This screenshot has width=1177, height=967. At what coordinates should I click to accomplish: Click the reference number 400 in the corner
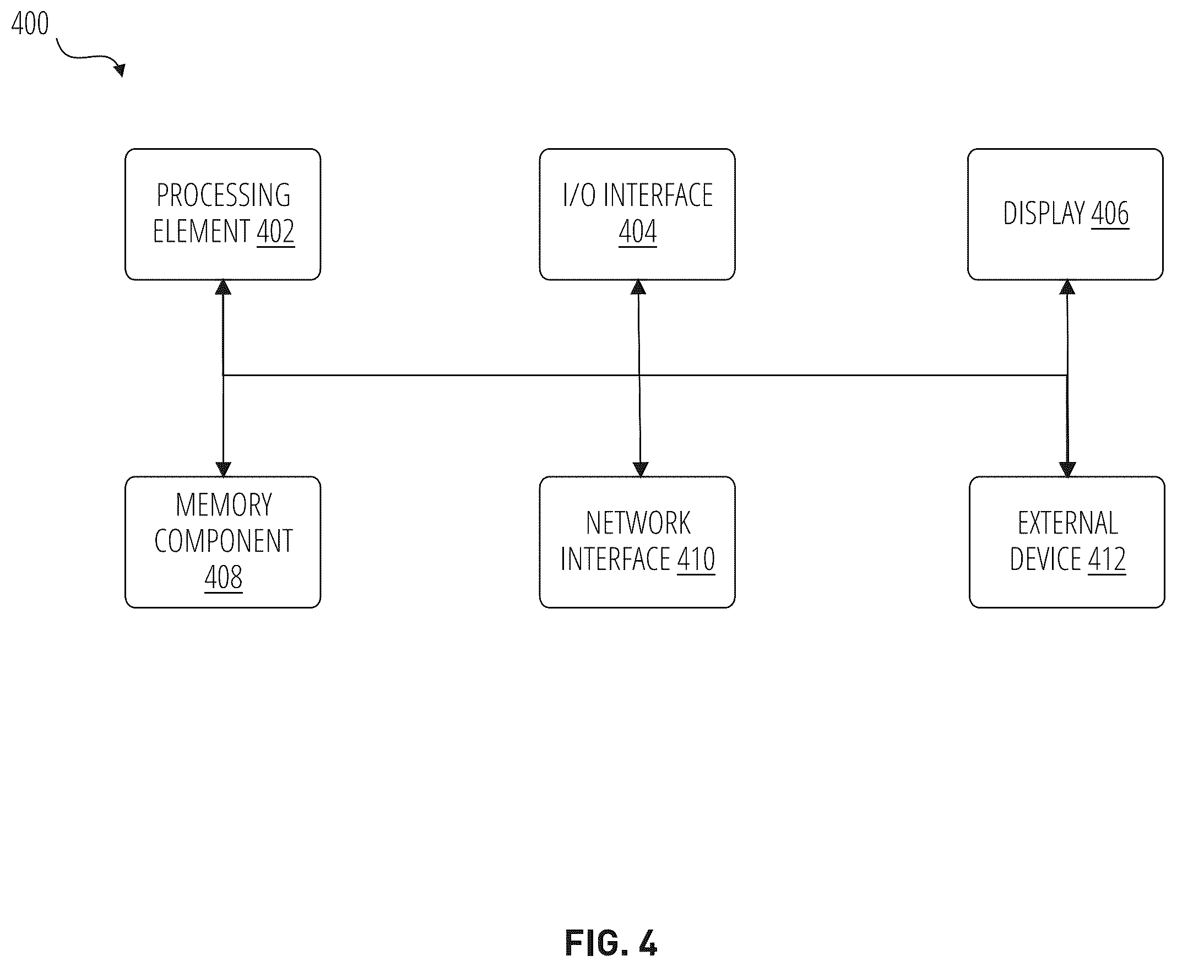point(30,23)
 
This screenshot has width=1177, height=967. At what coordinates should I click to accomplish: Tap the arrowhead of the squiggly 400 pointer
point(119,69)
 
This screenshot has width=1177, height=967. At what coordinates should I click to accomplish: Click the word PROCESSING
point(224,195)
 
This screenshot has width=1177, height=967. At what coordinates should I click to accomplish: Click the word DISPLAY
point(1044,213)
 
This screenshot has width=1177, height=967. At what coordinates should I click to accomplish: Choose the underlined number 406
point(1110,213)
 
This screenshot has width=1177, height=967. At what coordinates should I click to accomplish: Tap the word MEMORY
point(224,504)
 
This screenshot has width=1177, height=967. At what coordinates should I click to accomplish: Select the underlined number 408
point(224,577)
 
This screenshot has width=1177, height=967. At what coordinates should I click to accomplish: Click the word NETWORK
point(638,523)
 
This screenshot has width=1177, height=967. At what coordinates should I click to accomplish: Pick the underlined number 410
point(696,559)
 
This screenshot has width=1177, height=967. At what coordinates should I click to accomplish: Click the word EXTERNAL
point(1068,523)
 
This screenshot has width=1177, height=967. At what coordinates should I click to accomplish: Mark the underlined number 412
point(1107,559)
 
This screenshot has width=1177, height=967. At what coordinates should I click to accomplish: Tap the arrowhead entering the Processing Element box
point(224,287)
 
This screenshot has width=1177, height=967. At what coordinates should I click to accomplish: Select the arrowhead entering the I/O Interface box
point(638,287)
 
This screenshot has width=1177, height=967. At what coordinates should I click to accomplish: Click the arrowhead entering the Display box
point(1067,287)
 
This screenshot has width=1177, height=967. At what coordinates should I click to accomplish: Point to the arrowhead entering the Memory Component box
point(224,470)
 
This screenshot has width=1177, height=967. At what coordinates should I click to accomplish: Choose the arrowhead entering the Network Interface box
point(641,470)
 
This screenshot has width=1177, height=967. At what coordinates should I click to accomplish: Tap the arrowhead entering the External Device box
point(1067,470)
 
